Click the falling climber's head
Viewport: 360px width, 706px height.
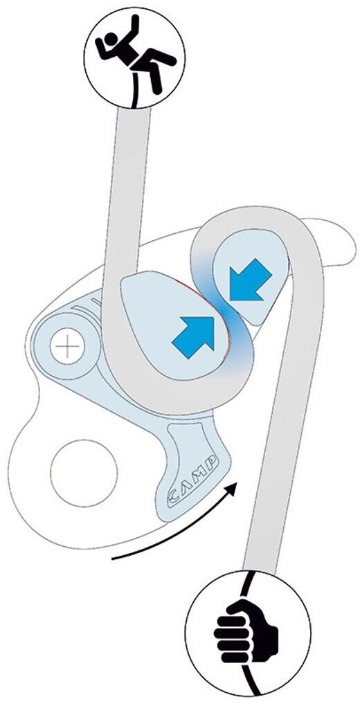[x=110, y=39]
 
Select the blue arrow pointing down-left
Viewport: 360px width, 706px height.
[x=250, y=279]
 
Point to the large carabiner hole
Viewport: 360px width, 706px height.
[x=84, y=473]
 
